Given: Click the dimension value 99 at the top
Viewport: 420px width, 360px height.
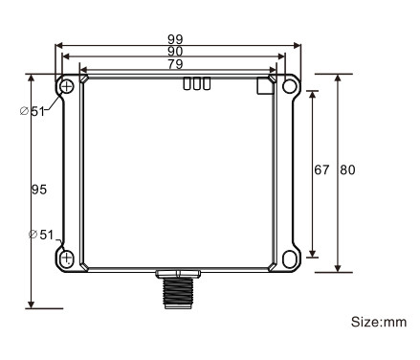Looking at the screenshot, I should pyautogui.click(x=175, y=39).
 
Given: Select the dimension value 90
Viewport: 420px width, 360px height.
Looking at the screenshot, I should pyautogui.click(x=175, y=52).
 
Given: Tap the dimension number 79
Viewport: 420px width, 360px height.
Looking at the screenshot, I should pyautogui.click(x=175, y=64).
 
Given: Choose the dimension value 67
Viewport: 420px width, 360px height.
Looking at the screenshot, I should pyautogui.click(x=322, y=169).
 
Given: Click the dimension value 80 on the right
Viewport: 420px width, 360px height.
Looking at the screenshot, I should pyautogui.click(x=348, y=169).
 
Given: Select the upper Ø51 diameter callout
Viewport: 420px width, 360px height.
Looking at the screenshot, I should pyautogui.click(x=37, y=111).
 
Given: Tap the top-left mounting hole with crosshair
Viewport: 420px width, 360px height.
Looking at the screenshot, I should pyautogui.click(x=67, y=87).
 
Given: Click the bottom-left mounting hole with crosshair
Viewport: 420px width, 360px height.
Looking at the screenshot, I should pyautogui.click(x=67, y=259).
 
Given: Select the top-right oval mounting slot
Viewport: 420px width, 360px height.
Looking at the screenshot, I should pyautogui.click(x=290, y=87).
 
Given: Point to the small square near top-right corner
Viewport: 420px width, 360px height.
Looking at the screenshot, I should pyautogui.click(x=265, y=85).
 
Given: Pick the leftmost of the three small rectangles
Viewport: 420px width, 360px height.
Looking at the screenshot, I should pyautogui.click(x=187, y=84).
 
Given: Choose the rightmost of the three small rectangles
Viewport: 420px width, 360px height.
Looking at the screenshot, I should pyautogui.click(x=206, y=84).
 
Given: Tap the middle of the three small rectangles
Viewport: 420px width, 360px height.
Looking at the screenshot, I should pyautogui.click(x=196, y=84).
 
